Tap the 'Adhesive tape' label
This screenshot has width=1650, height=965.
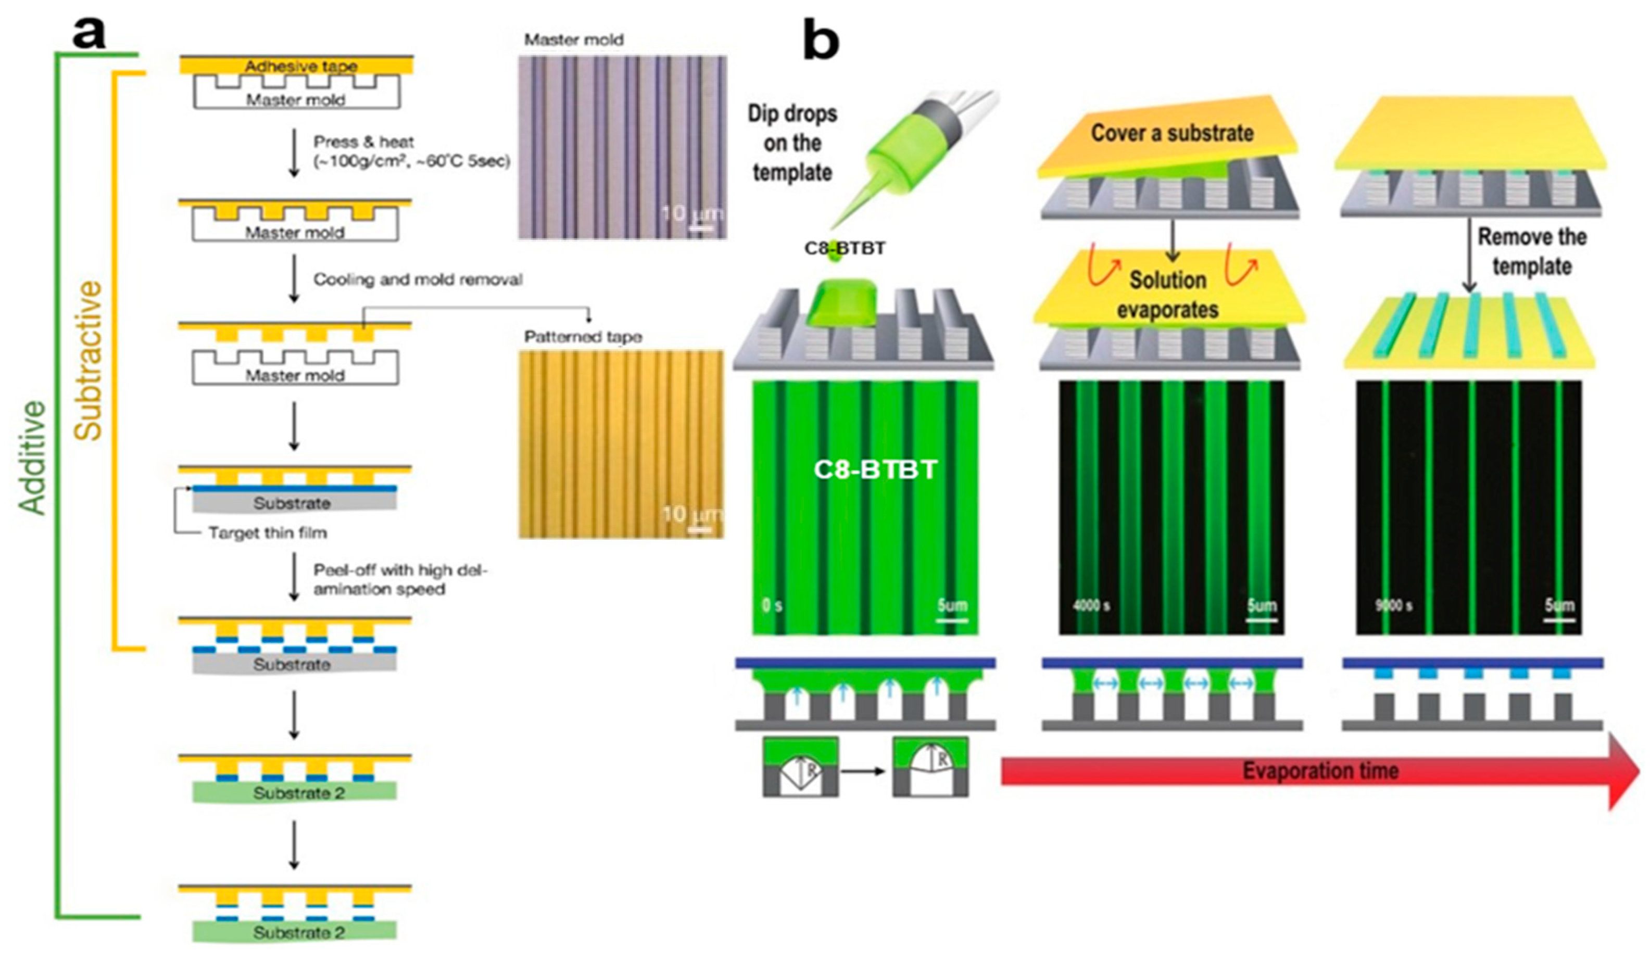point(300,66)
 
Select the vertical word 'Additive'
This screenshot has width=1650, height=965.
point(33,458)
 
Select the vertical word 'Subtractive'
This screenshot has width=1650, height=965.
point(89,360)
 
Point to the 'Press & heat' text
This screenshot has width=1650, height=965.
point(363,142)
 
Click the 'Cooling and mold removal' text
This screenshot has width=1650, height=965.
point(417,280)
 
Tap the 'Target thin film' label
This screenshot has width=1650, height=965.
point(268,533)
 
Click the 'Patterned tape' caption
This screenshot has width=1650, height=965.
point(583,337)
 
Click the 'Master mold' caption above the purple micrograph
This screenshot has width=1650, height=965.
point(574,40)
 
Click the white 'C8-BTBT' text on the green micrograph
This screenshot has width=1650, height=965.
point(875,469)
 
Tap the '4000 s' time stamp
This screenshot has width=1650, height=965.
point(1091,605)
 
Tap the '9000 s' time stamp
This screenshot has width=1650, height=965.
point(1393,605)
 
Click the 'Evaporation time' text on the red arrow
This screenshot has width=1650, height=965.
point(1320,770)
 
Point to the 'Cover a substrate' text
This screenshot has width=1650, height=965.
point(1172,133)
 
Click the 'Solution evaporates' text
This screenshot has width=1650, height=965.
point(1167,295)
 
